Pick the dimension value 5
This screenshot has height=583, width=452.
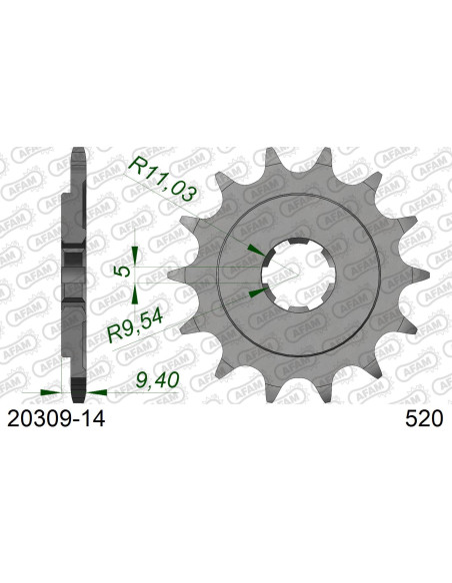(x=120, y=272)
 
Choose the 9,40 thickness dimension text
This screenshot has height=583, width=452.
(x=158, y=381)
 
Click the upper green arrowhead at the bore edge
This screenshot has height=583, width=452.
(x=258, y=249)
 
